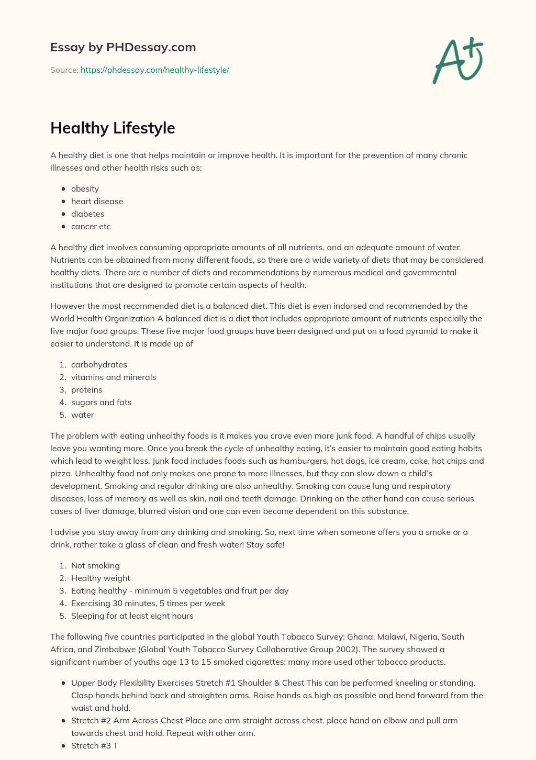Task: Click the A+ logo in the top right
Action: tap(457, 60)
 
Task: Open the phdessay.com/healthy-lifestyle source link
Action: tap(155, 70)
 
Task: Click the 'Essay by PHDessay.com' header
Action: tap(123, 47)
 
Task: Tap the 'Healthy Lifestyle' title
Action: tap(113, 128)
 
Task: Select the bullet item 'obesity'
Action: tap(85, 189)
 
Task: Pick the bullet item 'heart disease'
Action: tap(97, 202)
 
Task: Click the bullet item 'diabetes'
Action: tap(87, 214)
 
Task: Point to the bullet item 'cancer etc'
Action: tap(91, 227)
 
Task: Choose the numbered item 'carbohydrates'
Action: tap(99, 365)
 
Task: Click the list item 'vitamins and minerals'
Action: tap(113, 377)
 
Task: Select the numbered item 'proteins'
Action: tap(86, 390)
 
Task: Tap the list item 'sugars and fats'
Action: tap(101, 403)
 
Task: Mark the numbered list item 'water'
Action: tap(82, 415)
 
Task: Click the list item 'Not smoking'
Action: tap(95, 566)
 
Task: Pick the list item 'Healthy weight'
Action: tap(100, 578)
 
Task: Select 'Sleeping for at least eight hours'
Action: tap(132, 616)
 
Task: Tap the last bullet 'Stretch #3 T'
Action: tap(94, 746)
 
